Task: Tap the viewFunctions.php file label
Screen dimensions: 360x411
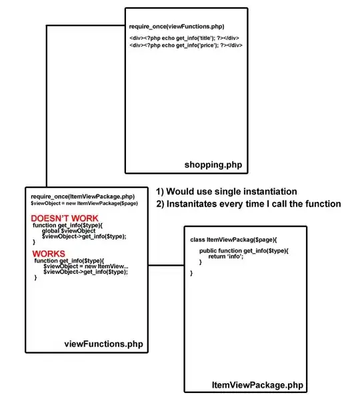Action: pos(103,344)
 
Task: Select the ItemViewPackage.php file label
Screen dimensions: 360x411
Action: pos(257,385)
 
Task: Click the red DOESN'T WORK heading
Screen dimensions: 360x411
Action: pos(65,218)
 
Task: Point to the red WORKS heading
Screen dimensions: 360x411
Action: pos(48,253)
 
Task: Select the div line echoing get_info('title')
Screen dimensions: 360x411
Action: pos(185,37)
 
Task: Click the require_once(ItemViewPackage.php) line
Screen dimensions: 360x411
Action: pos(83,196)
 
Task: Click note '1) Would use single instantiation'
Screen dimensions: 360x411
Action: pos(226,191)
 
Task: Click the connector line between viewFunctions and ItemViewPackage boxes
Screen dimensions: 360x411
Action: pos(165,265)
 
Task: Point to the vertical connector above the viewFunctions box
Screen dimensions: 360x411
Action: pos(46,107)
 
